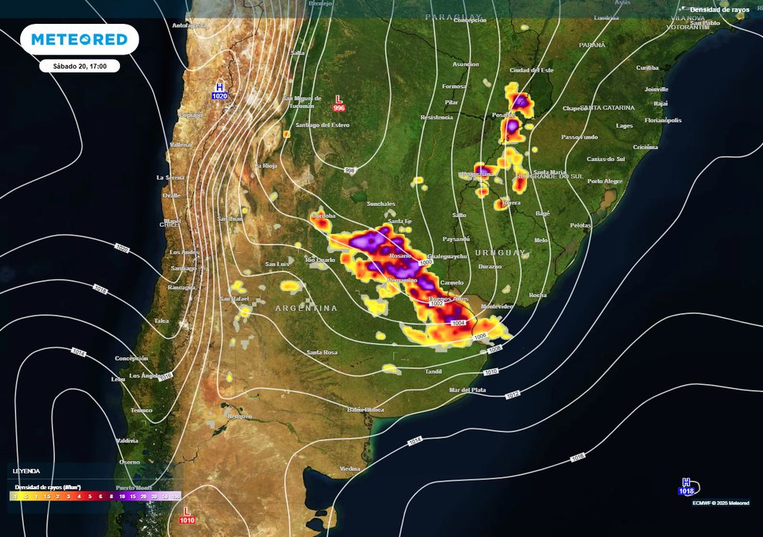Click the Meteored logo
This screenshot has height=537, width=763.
point(80,40)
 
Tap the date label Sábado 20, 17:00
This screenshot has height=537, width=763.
point(80,66)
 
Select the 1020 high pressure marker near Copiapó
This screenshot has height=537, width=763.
point(220,92)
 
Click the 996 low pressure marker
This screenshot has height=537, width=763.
point(339,103)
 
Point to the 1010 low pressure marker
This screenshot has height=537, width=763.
point(187,515)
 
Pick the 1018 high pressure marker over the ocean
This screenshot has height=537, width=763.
point(686,486)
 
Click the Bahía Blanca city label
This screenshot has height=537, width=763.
point(366,409)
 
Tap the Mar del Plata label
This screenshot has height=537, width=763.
point(468,390)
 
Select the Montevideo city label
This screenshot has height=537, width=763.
point(497,307)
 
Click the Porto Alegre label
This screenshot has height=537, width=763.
point(604,181)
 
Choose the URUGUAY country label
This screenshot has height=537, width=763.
point(501,252)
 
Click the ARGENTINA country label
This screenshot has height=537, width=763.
point(306,308)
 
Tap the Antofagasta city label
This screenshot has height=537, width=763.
point(189,25)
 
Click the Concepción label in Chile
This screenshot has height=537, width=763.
point(131,358)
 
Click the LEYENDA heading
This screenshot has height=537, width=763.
point(26,471)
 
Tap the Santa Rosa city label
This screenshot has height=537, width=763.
point(322,352)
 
